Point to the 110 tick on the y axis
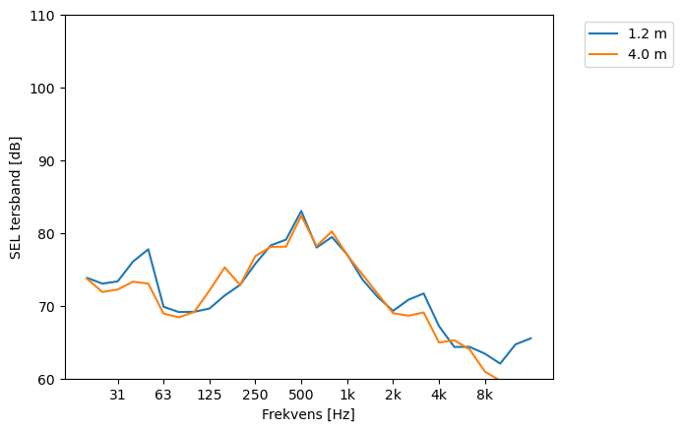coord(45,16)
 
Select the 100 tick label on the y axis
coord(45,89)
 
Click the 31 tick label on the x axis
coord(117,396)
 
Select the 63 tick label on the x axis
coord(163,396)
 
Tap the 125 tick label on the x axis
coord(209,396)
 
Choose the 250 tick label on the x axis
coord(255,396)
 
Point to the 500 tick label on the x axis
coord(301,396)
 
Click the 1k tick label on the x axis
coord(347,396)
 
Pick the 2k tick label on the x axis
coord(393,396)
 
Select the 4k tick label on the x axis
coord(439,396)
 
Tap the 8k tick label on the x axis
coord(485,396)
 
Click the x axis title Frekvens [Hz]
coord(308,415)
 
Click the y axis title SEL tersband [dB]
coord(16,198)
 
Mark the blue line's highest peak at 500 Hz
coord(301,211)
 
